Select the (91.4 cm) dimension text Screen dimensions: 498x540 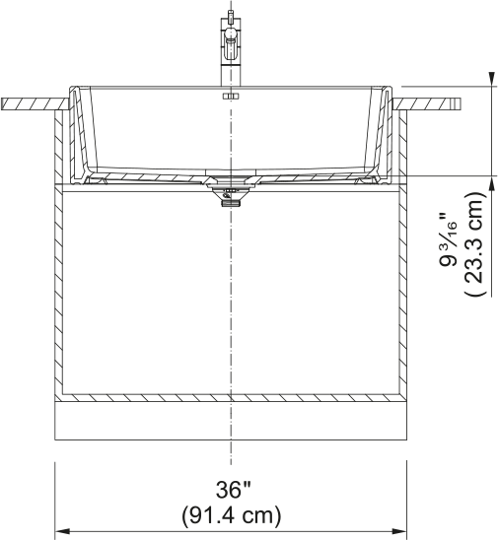[x=232, y=515]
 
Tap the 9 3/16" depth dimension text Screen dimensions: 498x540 [x=448, y=240]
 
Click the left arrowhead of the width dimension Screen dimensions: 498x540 [x=62, y=531]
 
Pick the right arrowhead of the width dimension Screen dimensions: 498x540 [x=399, y=531]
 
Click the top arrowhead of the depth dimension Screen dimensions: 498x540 [x=491, y=79]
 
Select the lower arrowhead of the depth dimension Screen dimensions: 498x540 [x=491, y=183]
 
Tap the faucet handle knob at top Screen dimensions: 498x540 [x=231, y=34]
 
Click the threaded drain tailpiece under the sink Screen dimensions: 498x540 [x=231, y=204]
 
